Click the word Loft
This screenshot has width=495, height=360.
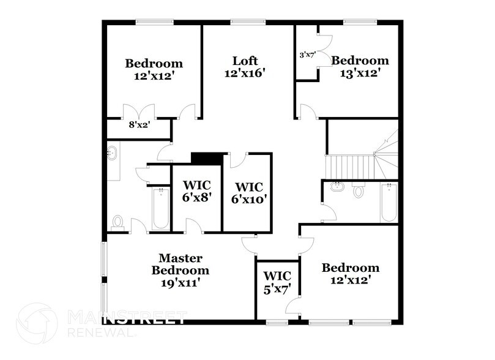tap(245, 61)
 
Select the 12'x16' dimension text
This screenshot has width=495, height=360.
tap(245, 73)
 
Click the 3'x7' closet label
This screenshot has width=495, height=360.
tap(307, 55)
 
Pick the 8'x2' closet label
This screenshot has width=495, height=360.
tap(139, 124)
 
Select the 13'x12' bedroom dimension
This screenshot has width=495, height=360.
tap(360, 72)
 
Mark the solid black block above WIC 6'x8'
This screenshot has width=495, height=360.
tap(206, 158)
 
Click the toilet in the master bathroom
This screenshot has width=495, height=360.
tap(118, 221)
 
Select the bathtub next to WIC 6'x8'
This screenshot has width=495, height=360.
tap(160, 208)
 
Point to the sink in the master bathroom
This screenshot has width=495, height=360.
tap(113, 154)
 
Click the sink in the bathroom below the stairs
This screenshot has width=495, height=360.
tap(336, 187)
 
